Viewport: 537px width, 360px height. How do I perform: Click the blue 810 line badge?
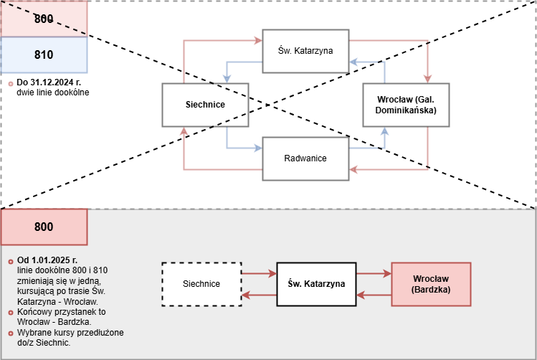44,55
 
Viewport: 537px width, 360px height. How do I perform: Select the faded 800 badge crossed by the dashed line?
44,19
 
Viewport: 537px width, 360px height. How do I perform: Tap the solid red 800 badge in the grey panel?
44,227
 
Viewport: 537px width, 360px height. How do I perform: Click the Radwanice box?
305,158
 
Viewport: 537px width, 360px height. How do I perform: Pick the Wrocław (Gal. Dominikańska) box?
407,105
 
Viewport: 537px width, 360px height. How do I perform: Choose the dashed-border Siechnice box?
201,284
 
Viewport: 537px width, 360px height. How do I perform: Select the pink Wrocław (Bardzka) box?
431,284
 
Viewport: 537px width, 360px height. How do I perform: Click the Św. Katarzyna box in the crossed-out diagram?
305,51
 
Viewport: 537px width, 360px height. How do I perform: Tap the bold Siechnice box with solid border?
205,105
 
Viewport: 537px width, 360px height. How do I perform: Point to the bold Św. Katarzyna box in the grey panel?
316,284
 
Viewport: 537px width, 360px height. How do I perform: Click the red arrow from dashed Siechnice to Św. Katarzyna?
260,273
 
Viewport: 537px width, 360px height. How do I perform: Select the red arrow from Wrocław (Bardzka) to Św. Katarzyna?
374,295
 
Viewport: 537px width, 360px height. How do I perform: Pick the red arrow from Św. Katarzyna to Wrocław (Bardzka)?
374,273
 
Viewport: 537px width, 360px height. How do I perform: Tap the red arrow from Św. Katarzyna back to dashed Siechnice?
260,295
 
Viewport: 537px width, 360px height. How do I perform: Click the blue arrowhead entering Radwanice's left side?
258,148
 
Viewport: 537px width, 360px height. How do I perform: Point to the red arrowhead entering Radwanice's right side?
353,169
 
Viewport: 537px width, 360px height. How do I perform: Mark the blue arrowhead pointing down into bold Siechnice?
227,79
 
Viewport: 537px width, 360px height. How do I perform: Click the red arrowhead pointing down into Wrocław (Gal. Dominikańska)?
427,79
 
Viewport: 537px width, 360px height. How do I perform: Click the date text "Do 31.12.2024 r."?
49,82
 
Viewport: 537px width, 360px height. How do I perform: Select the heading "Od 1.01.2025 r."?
47,260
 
